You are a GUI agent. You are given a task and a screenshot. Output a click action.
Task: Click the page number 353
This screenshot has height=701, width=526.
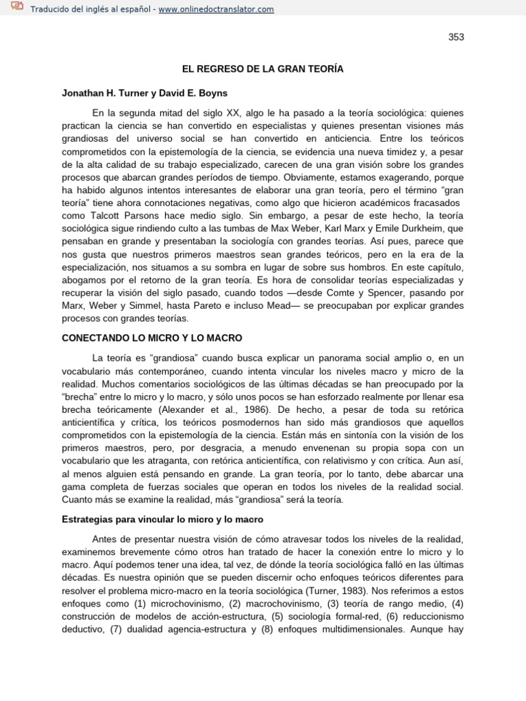coord(456,37)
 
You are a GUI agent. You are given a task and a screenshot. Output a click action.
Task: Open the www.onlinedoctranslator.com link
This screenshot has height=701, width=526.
coord(216,9)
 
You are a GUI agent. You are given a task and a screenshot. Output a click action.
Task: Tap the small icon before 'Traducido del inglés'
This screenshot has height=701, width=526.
coord(16,8)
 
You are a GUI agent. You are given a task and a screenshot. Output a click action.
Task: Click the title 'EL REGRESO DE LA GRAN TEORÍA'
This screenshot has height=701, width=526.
coord(262,69)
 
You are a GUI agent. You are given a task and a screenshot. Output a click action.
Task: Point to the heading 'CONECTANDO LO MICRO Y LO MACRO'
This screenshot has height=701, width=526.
coord(152,338)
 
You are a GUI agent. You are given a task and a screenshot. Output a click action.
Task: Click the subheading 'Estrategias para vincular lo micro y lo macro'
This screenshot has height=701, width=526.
coord(162,520)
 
